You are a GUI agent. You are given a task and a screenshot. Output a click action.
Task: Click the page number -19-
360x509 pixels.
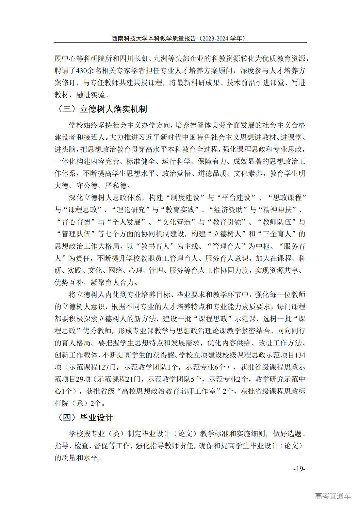click(299, 469)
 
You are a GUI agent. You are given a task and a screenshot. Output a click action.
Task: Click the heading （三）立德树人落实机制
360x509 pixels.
click(102, 109)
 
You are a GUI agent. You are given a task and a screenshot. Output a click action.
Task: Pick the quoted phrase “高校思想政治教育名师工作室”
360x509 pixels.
click(168, 391)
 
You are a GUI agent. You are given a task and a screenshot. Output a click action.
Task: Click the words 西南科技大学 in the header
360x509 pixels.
click(126, 38)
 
